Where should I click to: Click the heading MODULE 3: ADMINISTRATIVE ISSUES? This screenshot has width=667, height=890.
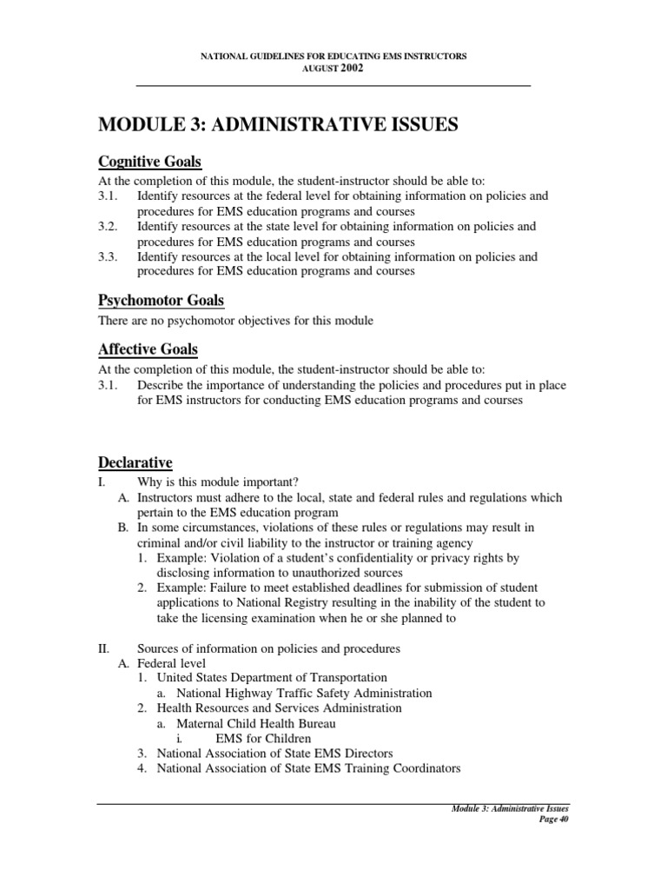tap(279, 126)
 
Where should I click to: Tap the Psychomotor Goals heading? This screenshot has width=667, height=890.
tap(161, 301)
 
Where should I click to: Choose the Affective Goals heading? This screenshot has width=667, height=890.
tap(148, 349)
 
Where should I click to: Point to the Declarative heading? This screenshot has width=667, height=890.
tap(135, 462)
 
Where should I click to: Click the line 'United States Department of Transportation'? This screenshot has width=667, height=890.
tap(272, 677)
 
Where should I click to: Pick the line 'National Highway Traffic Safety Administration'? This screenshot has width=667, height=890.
tap(303, 693)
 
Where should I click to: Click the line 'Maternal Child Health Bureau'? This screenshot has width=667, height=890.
tap(255, 723)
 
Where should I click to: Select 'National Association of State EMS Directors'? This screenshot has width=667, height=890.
tap(274, 753)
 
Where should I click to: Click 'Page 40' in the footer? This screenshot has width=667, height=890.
tap(551, 820)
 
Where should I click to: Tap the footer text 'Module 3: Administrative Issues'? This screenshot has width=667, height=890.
tap(510, 809)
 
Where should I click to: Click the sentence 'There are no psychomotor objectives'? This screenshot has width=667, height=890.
tap(234, 321)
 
